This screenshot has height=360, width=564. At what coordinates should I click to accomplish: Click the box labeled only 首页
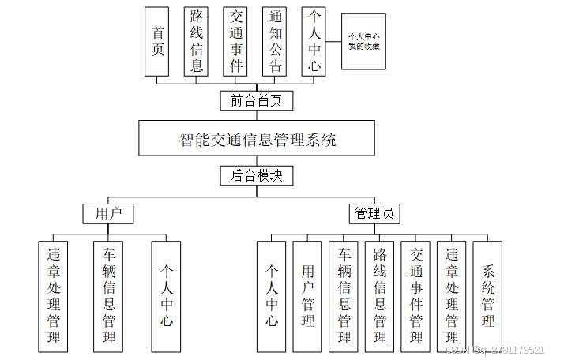point(158,40)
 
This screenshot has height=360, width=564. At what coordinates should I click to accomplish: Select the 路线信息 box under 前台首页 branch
point(197,40)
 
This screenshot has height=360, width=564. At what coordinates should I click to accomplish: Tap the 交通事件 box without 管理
point(235,40)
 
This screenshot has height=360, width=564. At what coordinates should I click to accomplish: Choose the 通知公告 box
point(275,40)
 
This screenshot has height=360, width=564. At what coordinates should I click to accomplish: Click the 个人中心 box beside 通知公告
point(314,40)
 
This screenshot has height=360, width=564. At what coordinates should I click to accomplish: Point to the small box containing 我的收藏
point(363,42)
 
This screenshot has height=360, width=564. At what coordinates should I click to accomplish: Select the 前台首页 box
point(257,100)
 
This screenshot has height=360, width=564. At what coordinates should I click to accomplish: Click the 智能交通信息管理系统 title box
point(258,139)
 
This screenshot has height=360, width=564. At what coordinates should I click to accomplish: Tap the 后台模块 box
point(257,175)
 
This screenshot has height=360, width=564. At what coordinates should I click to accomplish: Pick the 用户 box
point(108,213)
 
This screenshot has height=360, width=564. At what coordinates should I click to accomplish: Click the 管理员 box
point(374,213)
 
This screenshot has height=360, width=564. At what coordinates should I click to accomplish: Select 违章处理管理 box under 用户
point(54,296)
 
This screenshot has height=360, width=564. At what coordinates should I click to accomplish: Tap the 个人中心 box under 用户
point(166,296)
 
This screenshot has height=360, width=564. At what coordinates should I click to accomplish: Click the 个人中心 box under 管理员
point(272,296)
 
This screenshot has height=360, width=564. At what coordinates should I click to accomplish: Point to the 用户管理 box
point(308,296)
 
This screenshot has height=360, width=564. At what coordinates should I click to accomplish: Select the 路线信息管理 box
point(380,296)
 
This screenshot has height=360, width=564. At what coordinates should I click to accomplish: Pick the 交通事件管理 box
point(416,296)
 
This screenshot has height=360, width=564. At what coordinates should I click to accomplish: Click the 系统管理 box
point(488,296)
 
